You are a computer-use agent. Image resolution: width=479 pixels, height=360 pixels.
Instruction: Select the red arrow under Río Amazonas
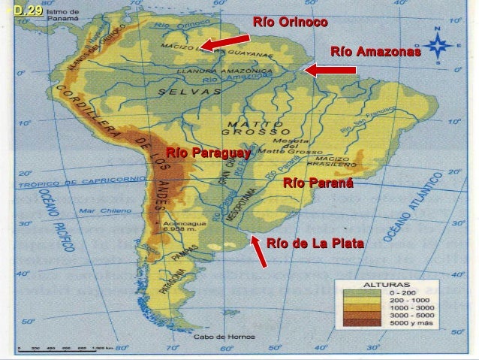pyautogui.click(x=330, y=71)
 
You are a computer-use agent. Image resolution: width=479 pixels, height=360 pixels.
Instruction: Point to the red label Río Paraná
pyautogui.click(x=318, y=183)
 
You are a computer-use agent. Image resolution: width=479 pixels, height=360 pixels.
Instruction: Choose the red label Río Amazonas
pyautogui.click(x=375, y=52)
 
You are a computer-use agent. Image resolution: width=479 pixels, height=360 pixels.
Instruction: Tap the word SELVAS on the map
pyautogui.click(x=189, y=92)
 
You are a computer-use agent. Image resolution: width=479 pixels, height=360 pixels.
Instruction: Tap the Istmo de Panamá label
pyautogui.click(x=62, y=17)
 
